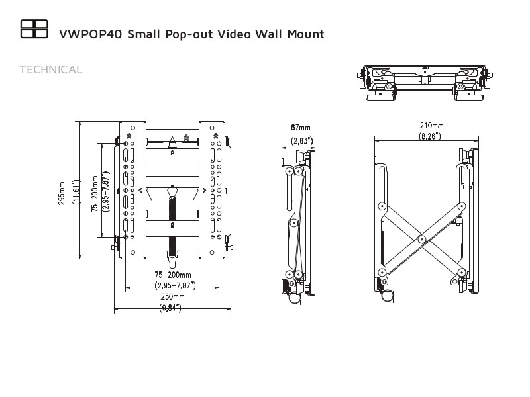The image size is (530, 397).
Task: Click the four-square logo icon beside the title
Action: pos(34,28)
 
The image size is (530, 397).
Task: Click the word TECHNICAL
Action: pos(51,69)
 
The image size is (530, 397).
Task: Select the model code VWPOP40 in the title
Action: pos(89,34)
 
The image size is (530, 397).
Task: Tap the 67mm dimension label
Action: pos(300,127)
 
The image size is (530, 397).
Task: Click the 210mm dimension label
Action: pos(431,125)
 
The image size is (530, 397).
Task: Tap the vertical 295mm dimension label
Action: pos(62,193)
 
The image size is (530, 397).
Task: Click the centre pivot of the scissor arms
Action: pos(421,239)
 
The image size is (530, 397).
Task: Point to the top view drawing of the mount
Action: pos(424,81)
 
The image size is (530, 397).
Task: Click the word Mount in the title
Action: pos(302,34)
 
